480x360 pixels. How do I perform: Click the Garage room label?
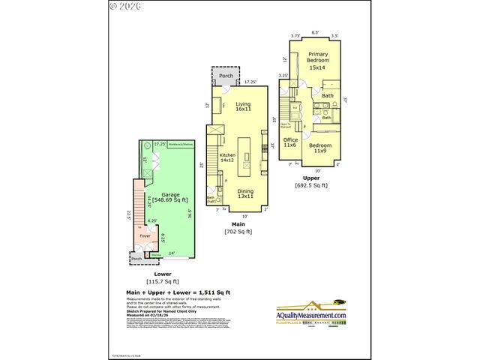click(x=170, y=197)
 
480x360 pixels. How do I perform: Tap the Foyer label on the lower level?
click(x=145, y=235)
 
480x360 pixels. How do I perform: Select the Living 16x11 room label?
click(x=242, y=107)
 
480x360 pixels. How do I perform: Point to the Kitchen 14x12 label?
click(x=227, y=157)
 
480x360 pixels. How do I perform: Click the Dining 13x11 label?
click(x=245, y=194)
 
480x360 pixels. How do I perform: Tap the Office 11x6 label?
click(x=291, y=142)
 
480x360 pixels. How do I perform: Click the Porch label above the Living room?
click(x=225, y=77)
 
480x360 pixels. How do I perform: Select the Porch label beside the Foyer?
click(x=137, y=259)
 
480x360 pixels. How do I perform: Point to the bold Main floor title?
click(x=238, y=223)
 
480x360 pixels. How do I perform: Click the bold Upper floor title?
click(x=310, y=177)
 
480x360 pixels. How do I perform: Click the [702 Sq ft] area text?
click(x=238, y=232)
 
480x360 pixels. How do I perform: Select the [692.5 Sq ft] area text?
click(x=310, y=185)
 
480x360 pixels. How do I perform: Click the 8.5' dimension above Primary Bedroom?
click(x=315, y=33)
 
